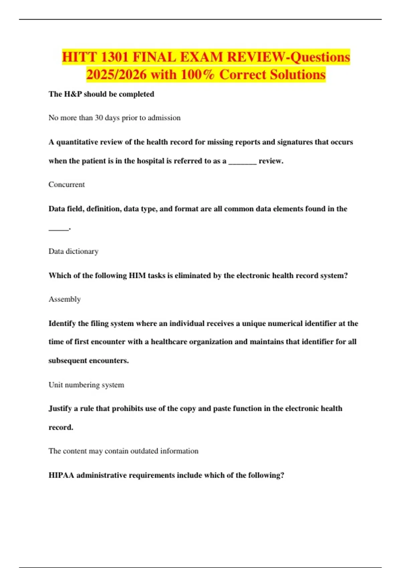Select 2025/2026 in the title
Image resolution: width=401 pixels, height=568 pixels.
(116, 75)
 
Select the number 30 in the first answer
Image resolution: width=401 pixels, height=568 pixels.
(99, 118)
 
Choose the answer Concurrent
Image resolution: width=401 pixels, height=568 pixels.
(66, 184)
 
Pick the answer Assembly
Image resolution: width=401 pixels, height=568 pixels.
(65, 299)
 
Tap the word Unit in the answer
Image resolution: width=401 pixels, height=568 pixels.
(55, 385)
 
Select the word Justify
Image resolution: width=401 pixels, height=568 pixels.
(60, 409)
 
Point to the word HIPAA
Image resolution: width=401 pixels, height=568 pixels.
(61, 475)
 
